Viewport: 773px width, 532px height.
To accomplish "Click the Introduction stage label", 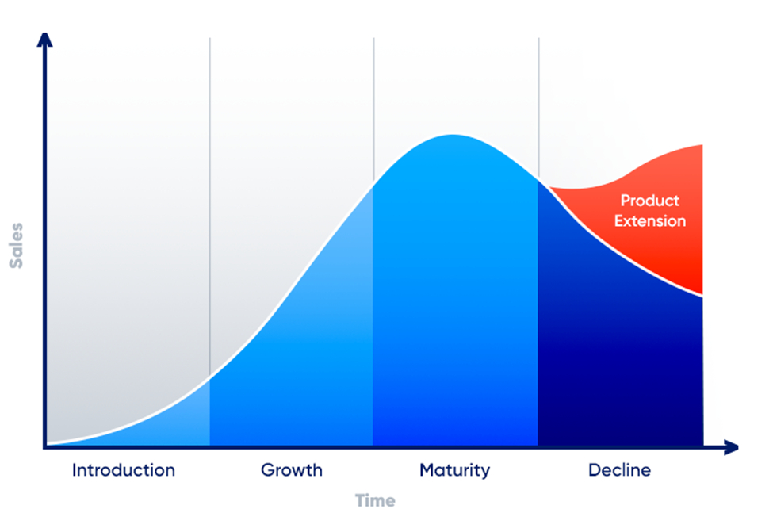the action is coord(123,470).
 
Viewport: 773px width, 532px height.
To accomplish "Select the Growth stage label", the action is coord(291,470).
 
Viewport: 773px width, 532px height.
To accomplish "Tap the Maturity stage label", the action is coord(454,470).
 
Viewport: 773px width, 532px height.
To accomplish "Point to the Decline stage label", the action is coord(619,470).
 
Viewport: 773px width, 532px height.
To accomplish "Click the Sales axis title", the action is coord(17,246).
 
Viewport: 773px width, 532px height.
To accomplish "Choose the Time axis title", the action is coord(375,500).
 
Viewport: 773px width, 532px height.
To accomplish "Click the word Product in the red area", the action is coord(650,201).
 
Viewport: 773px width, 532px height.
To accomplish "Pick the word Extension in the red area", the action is coord(650,221).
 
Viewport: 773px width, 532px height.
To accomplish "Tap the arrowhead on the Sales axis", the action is coord(45,40).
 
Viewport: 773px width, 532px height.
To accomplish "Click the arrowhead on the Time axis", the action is coord(732,447).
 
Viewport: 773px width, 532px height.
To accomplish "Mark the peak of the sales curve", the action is coord(453,135).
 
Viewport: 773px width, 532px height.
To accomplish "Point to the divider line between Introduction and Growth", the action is coord(209,207).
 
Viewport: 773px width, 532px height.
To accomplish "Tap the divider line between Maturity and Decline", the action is coord(538,108).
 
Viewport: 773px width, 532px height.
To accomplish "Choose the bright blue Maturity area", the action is coord(454,296).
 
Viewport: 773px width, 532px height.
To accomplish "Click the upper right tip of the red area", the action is coord(702,145).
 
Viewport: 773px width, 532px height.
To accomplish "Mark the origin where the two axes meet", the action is coord(45,447).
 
